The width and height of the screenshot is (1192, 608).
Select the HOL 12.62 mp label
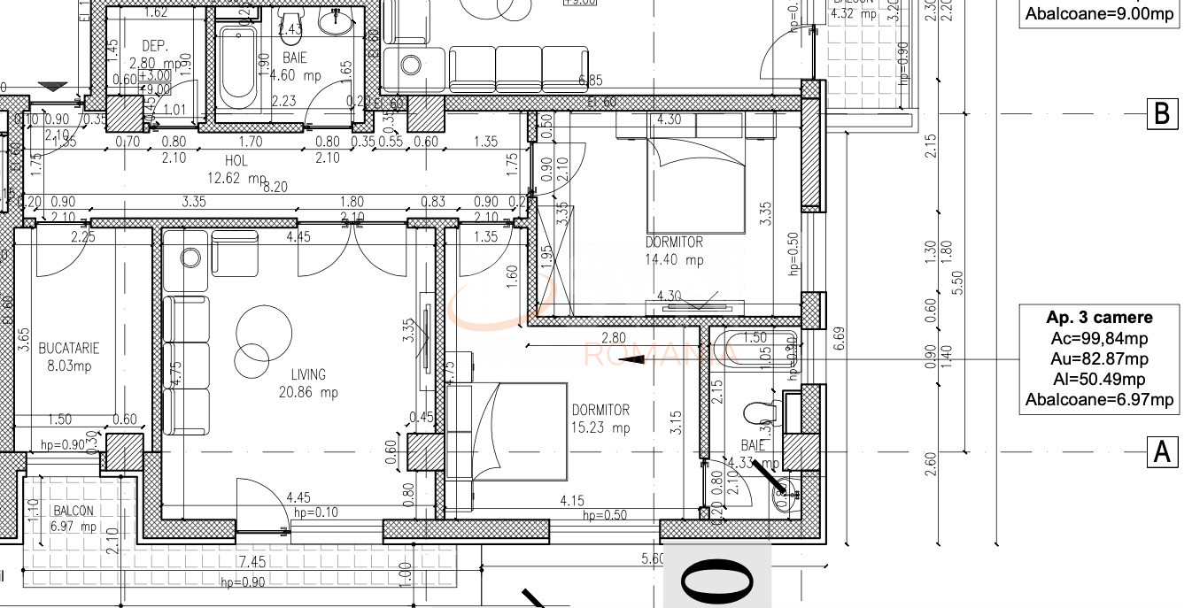pyautogui.click(x=236, y=169)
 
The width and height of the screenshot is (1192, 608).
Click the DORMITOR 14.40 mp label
pyautogui.click(x=674, y=250)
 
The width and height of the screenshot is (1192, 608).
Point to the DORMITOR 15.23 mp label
pyautogui.click(x=600, y=419)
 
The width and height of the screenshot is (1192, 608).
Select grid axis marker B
pyautogui.click(x=1162, y=113)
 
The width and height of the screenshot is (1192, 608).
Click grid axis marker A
pyautogui.click(x=1162, y=452)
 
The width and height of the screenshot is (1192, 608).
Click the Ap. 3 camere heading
pyautogui.click(x=1099, y=318)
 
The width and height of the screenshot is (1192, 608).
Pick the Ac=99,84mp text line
pyautogui.click(x=1099, y=338)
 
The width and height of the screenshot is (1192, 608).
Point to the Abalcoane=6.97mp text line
pyautogui.click(x=1099, y=400)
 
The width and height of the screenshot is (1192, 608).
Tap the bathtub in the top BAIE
pyautogui.click(x=236, y=65)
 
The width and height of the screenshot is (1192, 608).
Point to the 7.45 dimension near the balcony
pyautogui.click(x=252, y=563)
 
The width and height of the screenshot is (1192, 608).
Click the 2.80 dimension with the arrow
pyautogui.click(x=613, y=338)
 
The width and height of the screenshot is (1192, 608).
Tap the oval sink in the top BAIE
pyautogui.click(x=336, y=23)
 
